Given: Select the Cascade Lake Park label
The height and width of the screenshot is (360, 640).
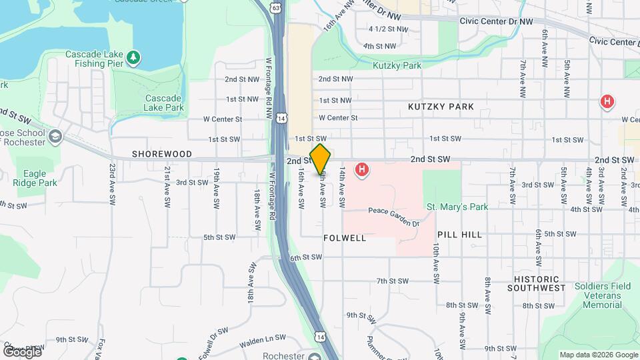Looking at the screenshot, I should (164, 102).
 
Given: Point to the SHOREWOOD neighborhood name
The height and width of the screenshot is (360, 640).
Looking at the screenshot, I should (161, 154).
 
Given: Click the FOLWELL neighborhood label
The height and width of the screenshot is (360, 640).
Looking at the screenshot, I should (345, 238).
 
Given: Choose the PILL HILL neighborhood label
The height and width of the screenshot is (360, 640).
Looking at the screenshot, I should (460, 235).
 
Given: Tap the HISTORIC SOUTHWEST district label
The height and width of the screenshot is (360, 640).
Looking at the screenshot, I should (536, 283).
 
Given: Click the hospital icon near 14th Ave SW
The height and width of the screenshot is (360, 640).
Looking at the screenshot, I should (362, 171).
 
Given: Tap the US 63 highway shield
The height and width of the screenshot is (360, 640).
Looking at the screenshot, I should (275, 7).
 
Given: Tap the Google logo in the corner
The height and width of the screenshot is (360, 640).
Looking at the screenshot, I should (22, 351).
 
